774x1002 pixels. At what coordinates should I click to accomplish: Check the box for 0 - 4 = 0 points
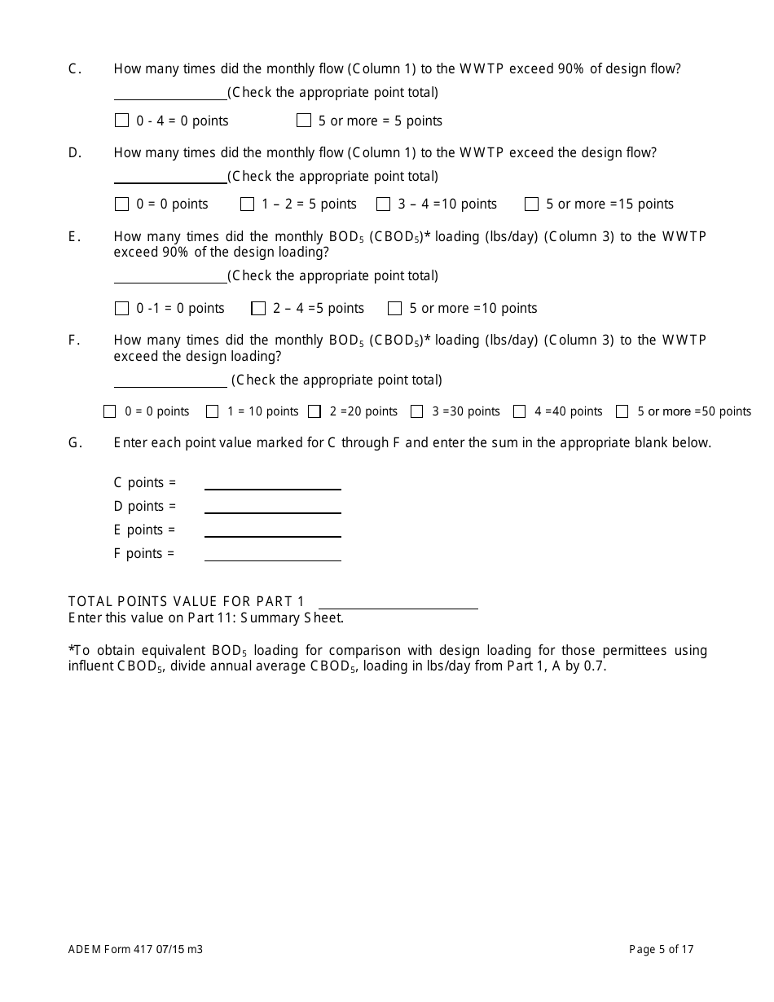pyautogui.click(x=122, y=121)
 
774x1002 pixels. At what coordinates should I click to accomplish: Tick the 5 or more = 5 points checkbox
pyautogui.click(x=304, y=121)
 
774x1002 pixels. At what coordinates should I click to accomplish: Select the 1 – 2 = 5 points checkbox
pyautogui.click(x=247, y=204)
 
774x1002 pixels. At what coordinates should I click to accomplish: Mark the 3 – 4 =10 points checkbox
pyautogui.click(x=383, y=204)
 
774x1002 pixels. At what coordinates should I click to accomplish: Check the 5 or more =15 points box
pyautogui.click(x=531, y=204)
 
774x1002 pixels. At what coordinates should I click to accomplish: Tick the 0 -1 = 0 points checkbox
pyautogui.click(x=122, y=308)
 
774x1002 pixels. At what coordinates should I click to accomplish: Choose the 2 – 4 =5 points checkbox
pyautogui.click(x=258, y=308)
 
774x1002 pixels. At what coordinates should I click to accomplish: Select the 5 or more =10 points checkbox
pyautogui.click(x=395, y=308)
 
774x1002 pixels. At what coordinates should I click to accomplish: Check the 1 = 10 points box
pyautogui.click(x=213, y=411)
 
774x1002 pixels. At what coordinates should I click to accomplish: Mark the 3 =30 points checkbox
pyautogui.click(x=417, y=411)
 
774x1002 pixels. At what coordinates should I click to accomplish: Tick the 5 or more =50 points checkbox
pyautogui.click(x=622, y=411)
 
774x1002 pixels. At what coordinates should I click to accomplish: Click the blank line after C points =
pyautogui.click(x=272, y=482)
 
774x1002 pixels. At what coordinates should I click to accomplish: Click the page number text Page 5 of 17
pyautogui.click(x=661, y=948)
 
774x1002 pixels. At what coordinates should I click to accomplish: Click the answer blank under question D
pyautogui.click(x=170, y=177)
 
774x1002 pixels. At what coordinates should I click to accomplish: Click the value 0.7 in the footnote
pyautogui.click(x=596, y=666)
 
